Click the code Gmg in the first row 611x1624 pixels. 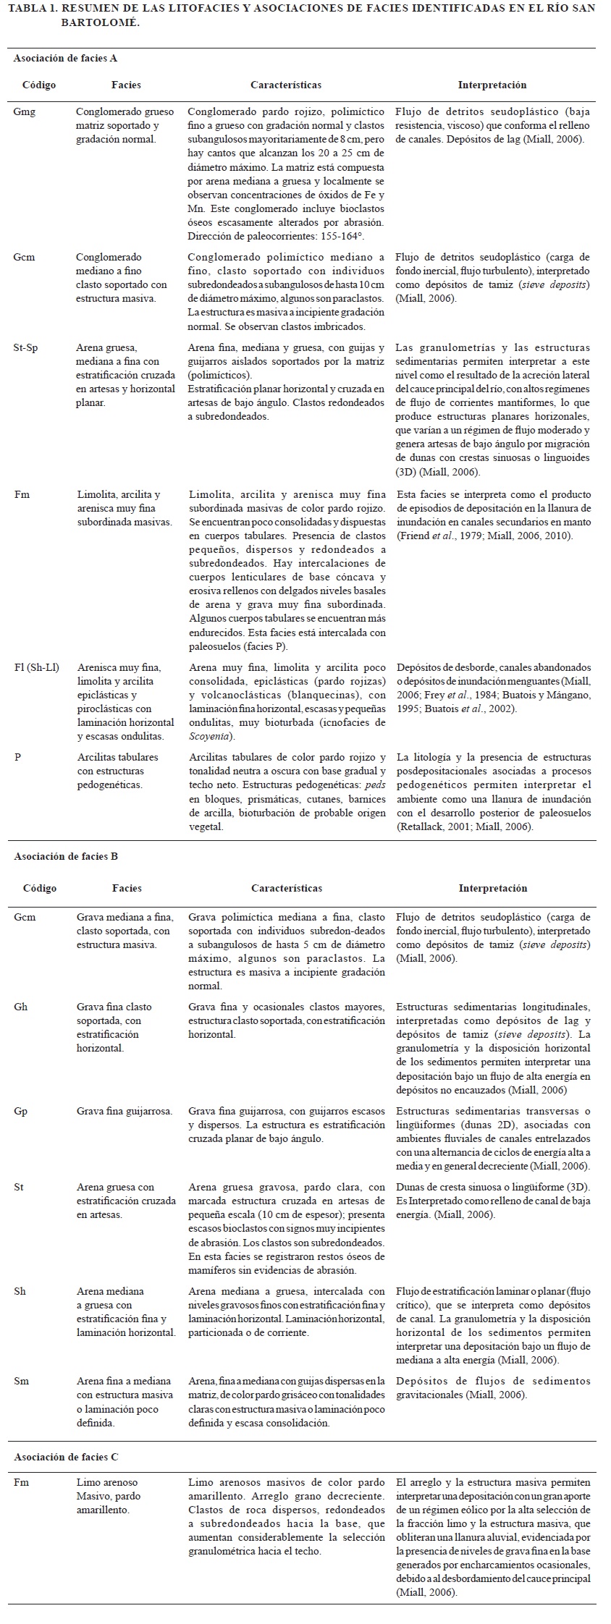click(x=24, y=112)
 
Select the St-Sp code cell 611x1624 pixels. click(x=27, y=348)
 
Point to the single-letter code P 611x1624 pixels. click(x=17, y=757)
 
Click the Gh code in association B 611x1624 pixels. click(x=21, y=1007)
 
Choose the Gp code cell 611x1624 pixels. click(x=21, y=1111)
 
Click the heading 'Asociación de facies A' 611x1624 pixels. click(x=65, y=59)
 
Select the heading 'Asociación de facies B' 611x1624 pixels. click(x=66, y=856)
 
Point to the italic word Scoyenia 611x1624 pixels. click(x=211, y=736)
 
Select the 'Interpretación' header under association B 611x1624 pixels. click(x=492, y=888)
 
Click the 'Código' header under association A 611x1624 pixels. click(x=39, y=85)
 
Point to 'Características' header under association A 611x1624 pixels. click(x=286, y=85)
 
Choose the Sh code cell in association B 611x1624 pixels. click(x=21, y=1291)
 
